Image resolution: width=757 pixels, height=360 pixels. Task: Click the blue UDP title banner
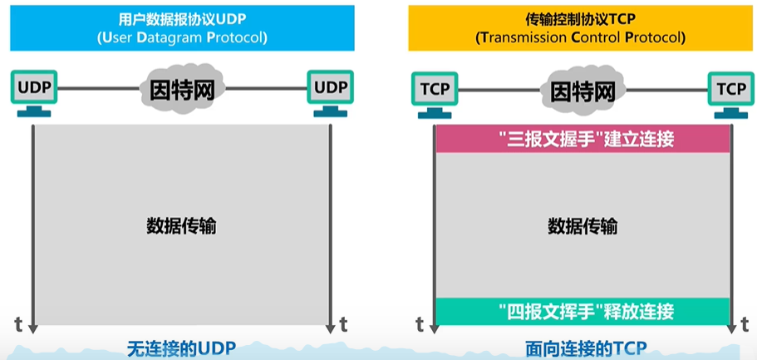pyautogui.click(x=182, y=28)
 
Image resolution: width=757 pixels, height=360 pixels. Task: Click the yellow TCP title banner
pyautogui.click(x=580, y=28)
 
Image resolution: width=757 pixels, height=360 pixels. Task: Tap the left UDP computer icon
pyautogui.click(x=34, y=94)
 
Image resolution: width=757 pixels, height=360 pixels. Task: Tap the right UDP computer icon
pyautogui.click(x=331, y=94)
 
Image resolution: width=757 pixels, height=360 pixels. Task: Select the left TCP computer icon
pyautogui.click(x=435, y=95)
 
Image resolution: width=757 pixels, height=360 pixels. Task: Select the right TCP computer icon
pyautogui.click(x=731, y=95)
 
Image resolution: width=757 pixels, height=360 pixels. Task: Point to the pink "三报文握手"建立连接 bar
pyautogui.click(x=582, y=139)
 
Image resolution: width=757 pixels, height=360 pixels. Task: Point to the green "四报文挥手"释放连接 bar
pyautogui.click(x=582, y=311)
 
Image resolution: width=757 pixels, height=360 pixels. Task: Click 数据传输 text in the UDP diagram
pyautogui.click(x=181, y=225)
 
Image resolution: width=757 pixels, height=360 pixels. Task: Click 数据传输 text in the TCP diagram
pyautogui.click(x=582, y=225)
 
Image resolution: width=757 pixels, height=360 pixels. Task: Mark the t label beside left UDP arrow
pyautogui.click(x=18, y=325)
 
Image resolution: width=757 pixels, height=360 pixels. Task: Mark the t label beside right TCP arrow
pyautogui.click(x=745, y=325)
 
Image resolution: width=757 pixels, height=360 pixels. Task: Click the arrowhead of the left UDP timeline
pyautogui.click(x=32, y=328)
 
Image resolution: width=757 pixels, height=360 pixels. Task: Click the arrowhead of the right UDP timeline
pyautogui.click(x=330, y=328)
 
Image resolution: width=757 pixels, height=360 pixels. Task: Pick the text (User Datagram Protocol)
pyautogui.click(x=182, y=37)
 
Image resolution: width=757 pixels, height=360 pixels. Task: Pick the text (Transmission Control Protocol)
pyautogui.click(x=580, y=37)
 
